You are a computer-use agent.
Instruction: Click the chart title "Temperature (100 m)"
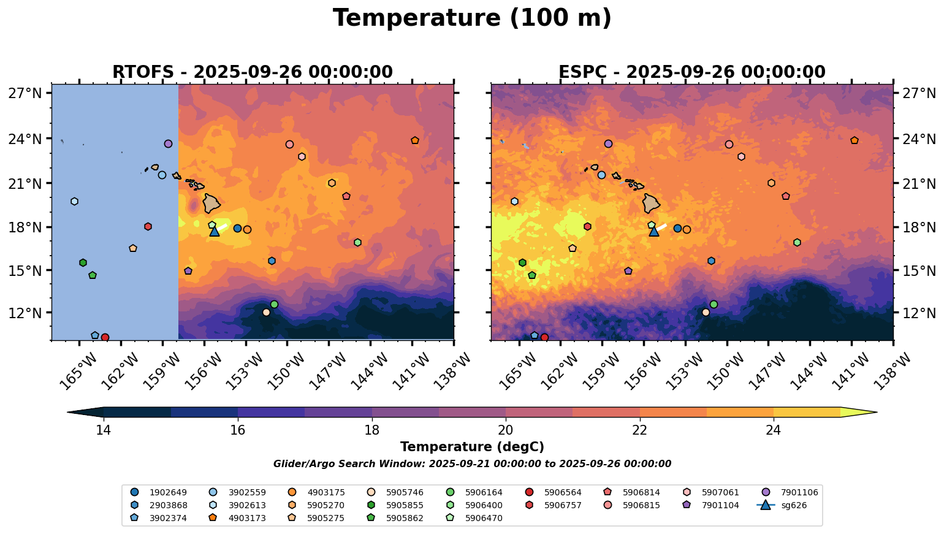(472, 18)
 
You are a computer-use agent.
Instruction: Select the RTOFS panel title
(252, 72)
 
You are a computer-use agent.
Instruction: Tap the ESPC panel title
(691, 72)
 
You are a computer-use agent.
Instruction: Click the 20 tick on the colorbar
(506, 430)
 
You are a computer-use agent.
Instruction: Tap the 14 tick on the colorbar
(104, 430)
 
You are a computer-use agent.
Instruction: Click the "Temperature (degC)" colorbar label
(472, 447)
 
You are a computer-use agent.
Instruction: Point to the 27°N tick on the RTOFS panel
(29, 93)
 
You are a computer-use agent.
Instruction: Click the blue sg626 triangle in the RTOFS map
(215, 231)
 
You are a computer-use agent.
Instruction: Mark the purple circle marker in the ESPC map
(608, 143)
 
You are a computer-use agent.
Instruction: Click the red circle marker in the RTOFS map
(105, 337)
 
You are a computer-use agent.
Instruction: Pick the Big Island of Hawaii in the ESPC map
(652, 203)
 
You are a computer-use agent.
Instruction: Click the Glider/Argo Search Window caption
(472, 464)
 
